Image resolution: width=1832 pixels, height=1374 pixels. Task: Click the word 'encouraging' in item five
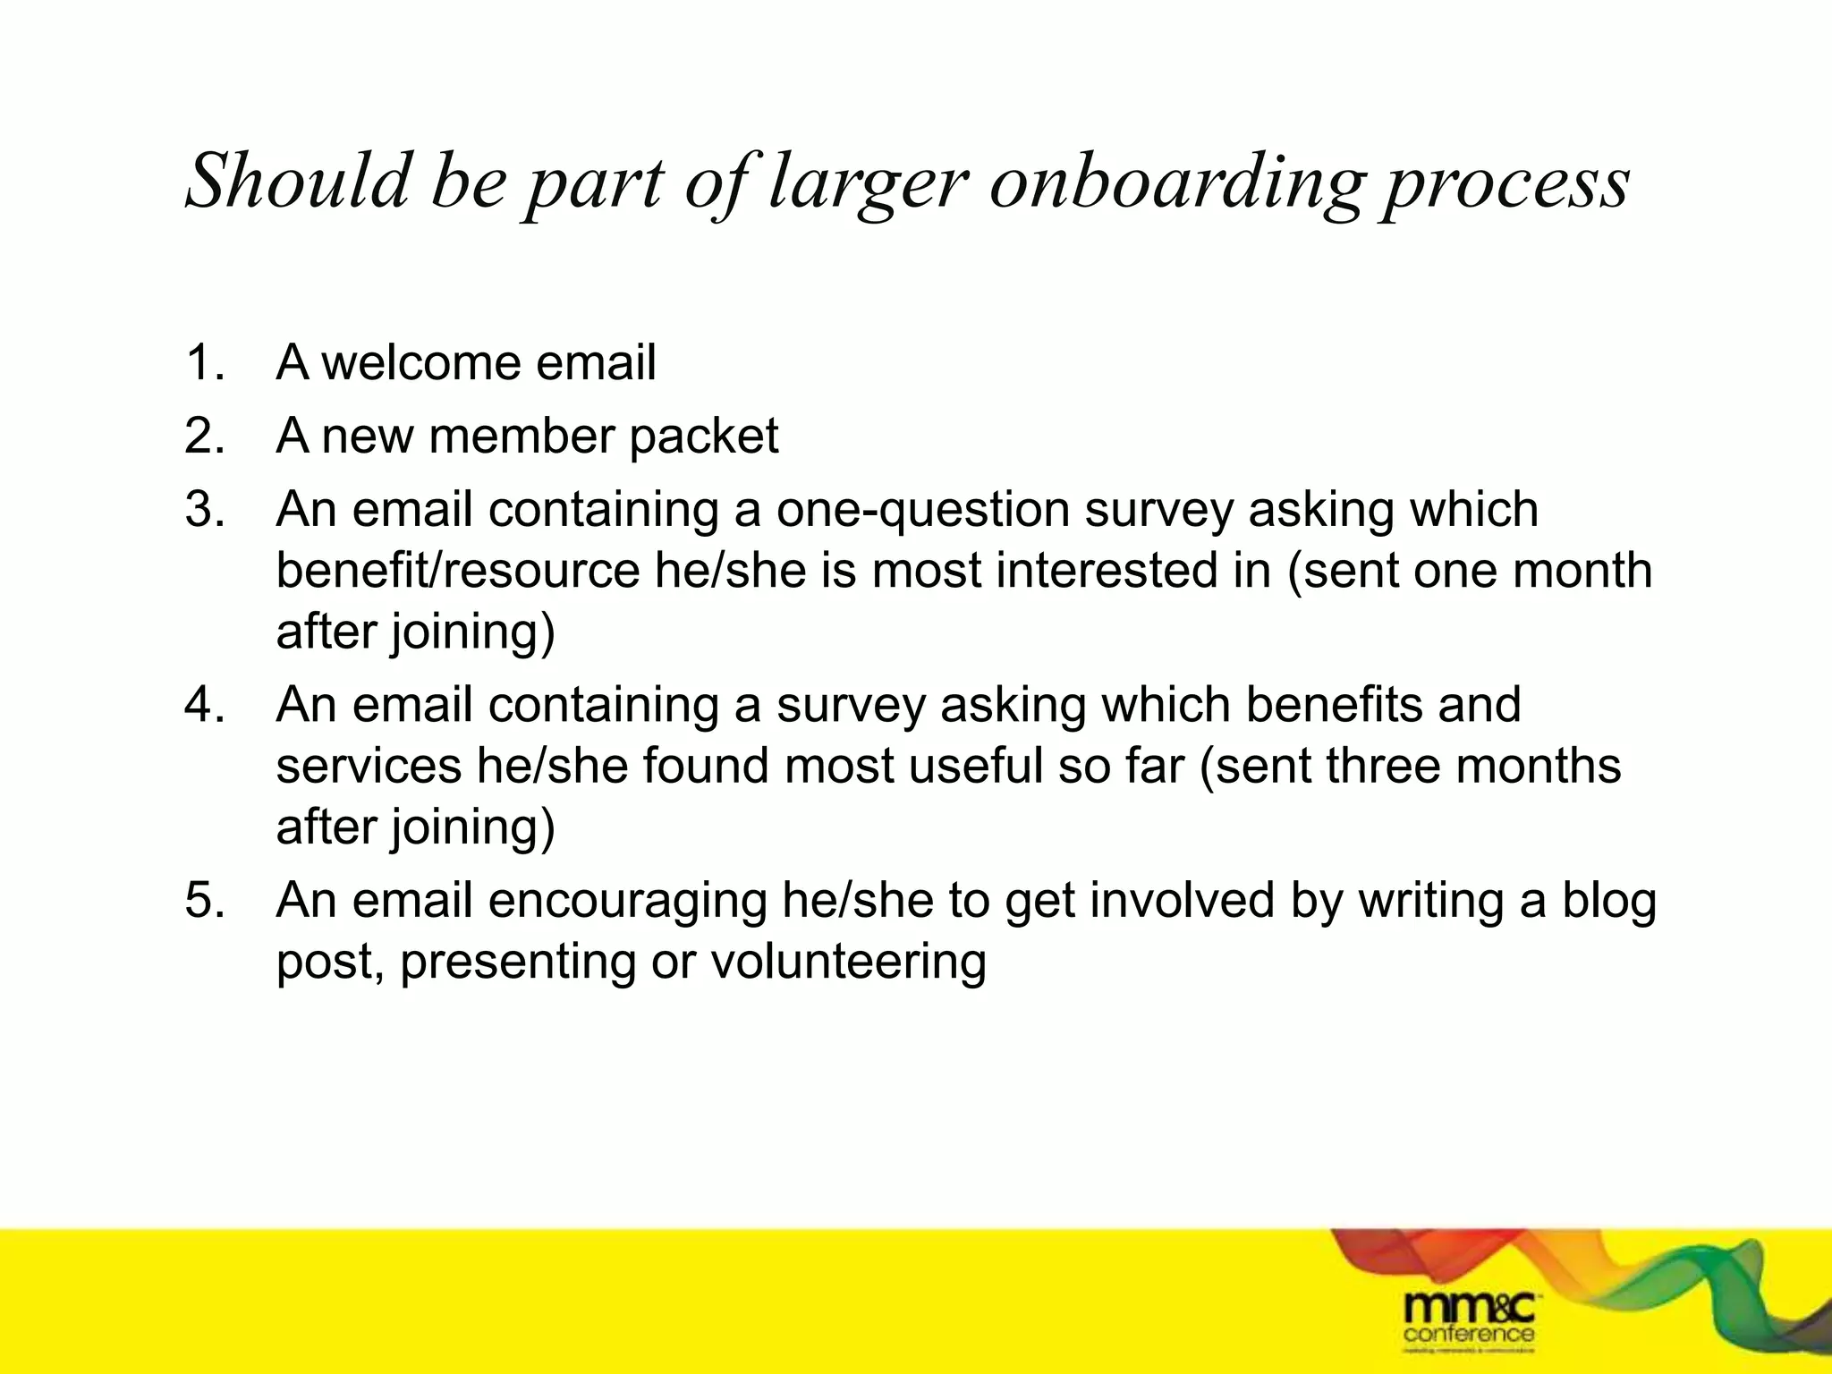(627, 902)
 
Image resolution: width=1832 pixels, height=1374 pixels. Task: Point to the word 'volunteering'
(848, 963)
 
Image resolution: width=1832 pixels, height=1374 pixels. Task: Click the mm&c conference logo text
(1469, 1318)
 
